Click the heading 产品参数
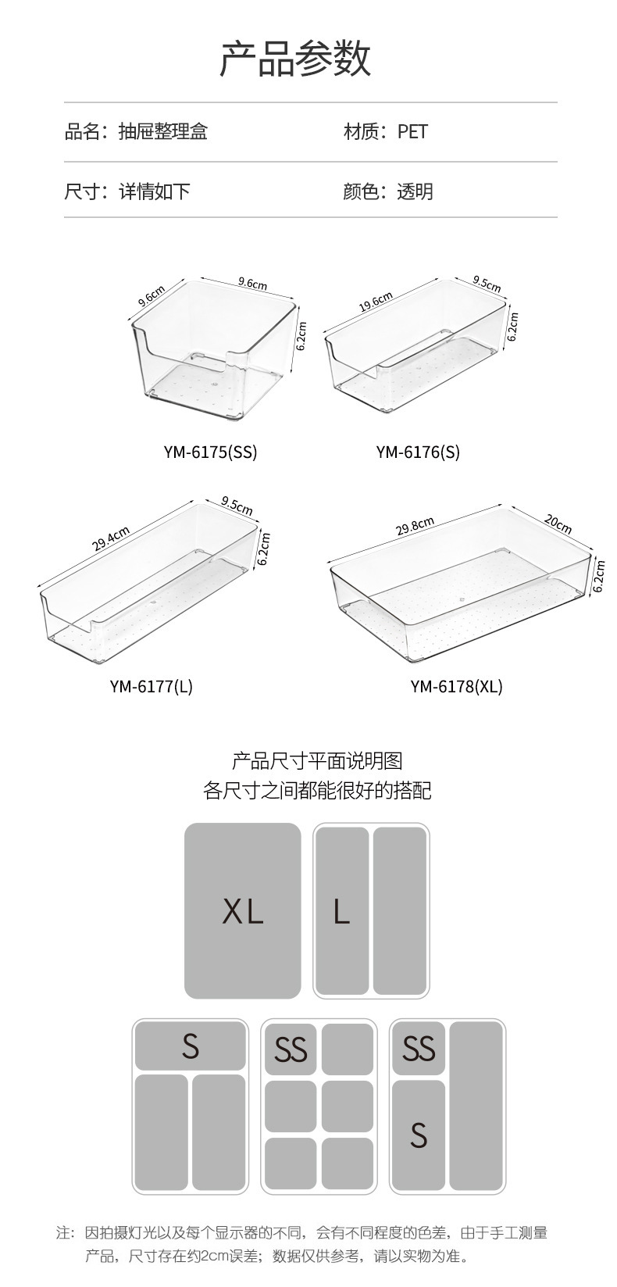(295, 59)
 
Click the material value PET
(412, 131)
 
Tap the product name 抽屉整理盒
(162, 131)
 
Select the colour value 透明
(415, 191)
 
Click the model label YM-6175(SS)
(210, 452)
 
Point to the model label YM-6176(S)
(418, 452)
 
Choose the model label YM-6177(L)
(151, 686)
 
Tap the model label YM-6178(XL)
(456, 686)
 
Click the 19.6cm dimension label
(376, 302)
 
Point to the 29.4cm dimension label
(112, 539)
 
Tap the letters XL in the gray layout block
(243, 911)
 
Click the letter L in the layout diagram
(341, 911)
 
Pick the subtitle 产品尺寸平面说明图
(317, 760)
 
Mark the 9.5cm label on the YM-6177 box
(237, 506)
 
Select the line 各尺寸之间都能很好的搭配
(317, 790)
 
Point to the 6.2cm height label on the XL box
(599, 575)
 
